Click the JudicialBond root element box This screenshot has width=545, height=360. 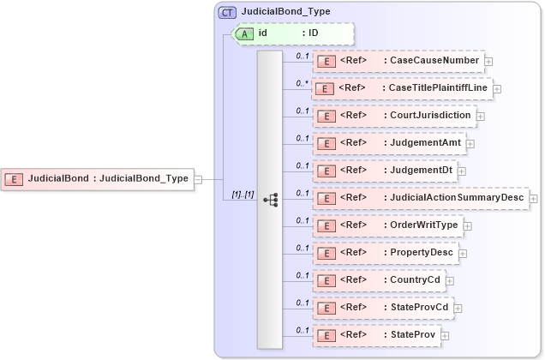(x=98, y=179)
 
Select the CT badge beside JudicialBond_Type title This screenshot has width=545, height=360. (x=228, y=12)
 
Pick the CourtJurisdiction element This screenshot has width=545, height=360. (x=394, y=116)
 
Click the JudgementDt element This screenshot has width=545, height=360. (x=385, y=171)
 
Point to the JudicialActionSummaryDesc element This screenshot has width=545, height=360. (x=421, y=198)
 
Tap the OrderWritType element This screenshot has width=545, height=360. (x=388, y=225)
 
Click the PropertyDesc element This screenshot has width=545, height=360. (x=385, y=253)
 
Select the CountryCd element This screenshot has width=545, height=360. (x=379, y=280)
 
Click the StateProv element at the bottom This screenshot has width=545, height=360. (x=377, y=335)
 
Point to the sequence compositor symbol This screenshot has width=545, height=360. (x=270, y=199)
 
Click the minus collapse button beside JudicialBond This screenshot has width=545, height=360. (x=198, y=179)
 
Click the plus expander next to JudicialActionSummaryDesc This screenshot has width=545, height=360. (x=534, y=199)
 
